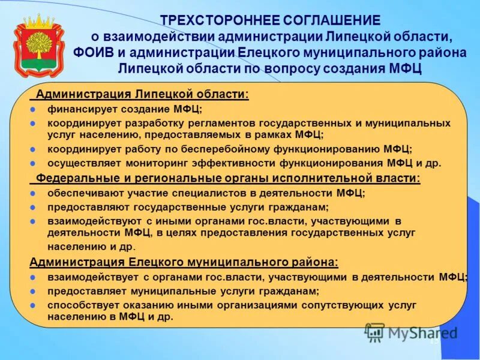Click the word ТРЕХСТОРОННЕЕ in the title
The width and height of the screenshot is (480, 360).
tap(215, 21)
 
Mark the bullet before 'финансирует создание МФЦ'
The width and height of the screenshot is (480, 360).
tap(34, 109)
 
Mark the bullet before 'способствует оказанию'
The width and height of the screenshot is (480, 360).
tap(34, 305)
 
